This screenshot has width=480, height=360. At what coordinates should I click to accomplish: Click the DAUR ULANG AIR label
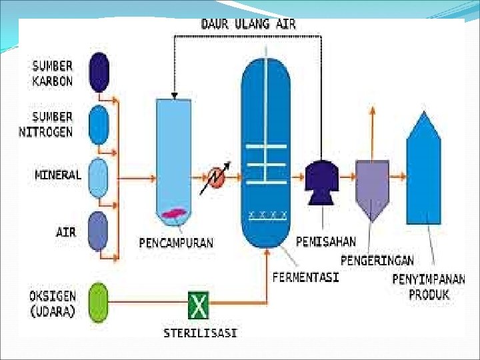point(249,24)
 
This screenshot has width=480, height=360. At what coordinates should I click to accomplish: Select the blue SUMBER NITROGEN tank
point(99,125)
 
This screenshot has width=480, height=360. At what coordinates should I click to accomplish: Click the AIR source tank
point(98,231)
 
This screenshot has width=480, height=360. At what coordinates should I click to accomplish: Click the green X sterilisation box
point(198,306)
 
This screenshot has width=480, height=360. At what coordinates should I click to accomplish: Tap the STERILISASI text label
point(200,332)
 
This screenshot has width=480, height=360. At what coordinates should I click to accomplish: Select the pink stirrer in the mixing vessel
point(173,214)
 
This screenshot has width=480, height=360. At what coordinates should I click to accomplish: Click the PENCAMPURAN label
point(176,242)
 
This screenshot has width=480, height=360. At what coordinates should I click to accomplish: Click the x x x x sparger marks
point(268,215)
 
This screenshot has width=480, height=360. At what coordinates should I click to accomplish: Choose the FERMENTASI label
point(305,276)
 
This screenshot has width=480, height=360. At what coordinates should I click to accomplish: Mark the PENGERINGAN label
point(377,259)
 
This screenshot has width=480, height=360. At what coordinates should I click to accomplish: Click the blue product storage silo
point(423,173)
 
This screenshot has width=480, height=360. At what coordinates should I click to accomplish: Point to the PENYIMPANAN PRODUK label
point(428,287)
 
